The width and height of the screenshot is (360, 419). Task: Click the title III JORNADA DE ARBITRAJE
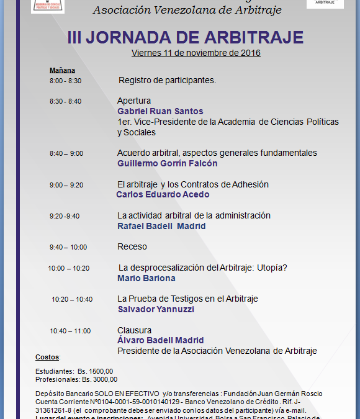tap(185, 37)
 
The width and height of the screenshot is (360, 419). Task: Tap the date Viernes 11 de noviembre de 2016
tap(196, 53)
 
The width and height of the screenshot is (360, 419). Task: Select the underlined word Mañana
tap(62, 70)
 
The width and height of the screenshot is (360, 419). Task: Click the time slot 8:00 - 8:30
tap(65, 81)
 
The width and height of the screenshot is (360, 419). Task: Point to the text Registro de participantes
tap(167, 81)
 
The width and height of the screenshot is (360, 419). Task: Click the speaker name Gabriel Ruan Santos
tap(160, 111)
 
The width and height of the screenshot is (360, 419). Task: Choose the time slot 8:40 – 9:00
tap(66, 153)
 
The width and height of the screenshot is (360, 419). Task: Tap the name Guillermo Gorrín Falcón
tap(167, 163)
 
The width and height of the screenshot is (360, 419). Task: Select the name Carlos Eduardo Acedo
tap(163, 194)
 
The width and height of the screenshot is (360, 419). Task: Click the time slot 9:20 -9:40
tap(65, 216)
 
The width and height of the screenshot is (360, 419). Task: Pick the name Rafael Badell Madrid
tap(161, 226)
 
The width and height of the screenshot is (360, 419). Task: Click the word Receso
tap(132, 246)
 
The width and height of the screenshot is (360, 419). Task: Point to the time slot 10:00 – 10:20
tap(68, 268)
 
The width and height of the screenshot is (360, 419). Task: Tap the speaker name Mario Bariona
tap(146, 278)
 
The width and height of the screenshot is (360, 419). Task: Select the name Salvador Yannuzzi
tap(156, 309)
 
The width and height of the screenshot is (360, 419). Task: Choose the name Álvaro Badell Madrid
tap(160, 340)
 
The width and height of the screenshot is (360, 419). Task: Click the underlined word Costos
tap(47, 357)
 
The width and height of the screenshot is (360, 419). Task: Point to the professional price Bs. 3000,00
tap(99, 379)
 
